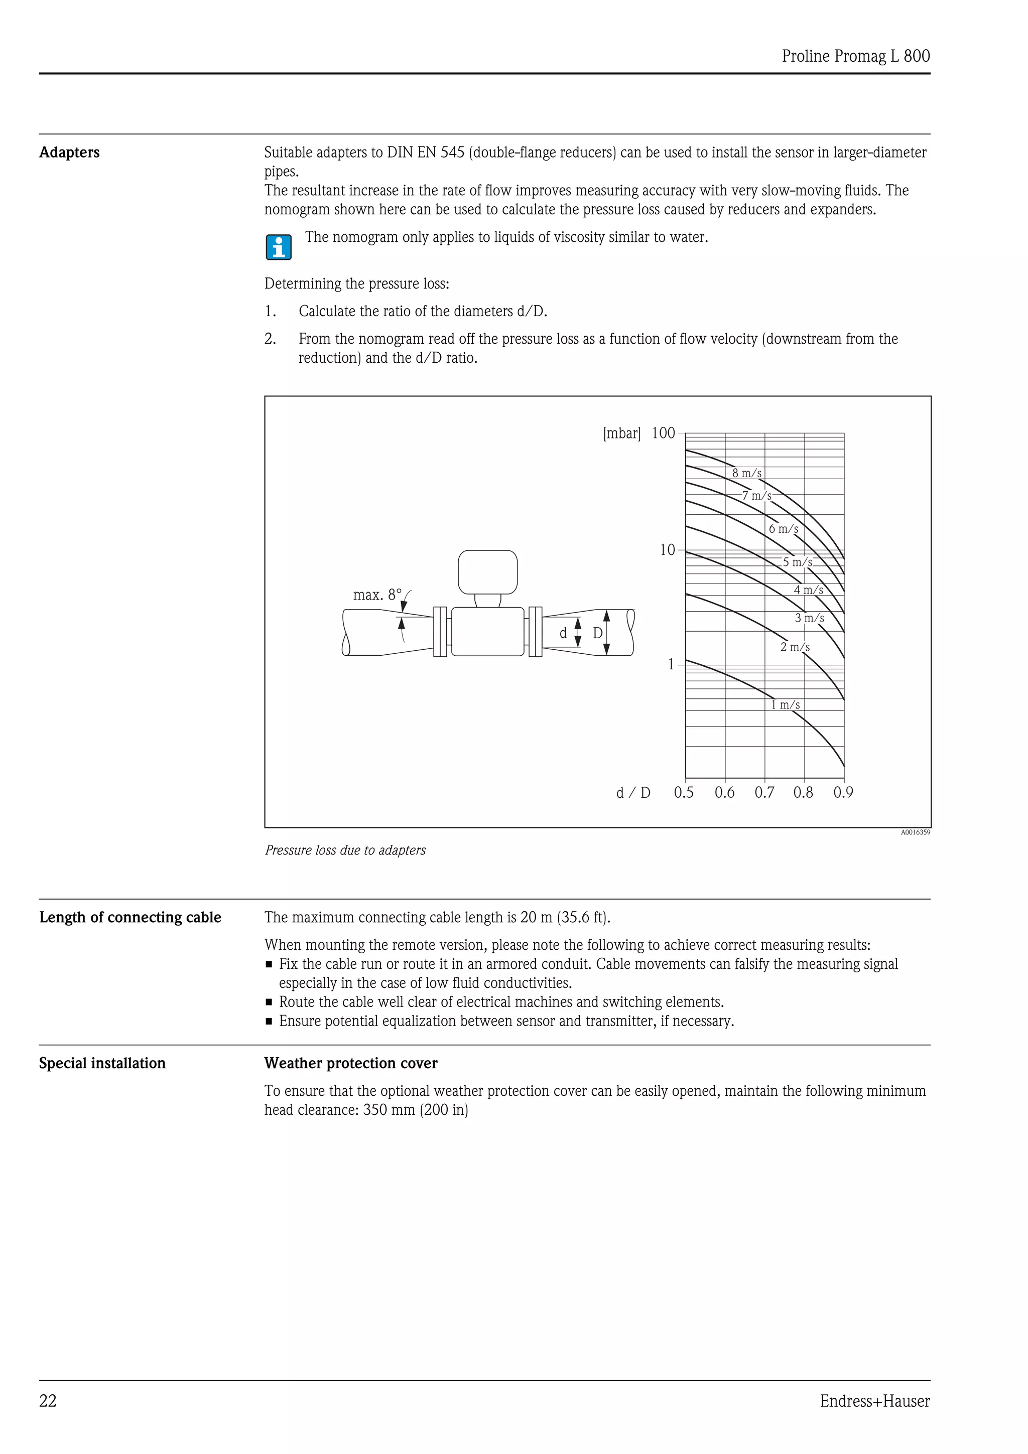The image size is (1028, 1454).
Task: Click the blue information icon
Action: click(279, 247)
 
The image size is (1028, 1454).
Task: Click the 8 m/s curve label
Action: click(747, 473)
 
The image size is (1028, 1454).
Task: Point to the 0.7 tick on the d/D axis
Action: click(764, 792)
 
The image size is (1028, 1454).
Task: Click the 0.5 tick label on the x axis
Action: click(684, 792)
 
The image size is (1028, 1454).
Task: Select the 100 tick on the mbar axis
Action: click(663, 433)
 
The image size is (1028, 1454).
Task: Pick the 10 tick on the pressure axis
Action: click(668, 550)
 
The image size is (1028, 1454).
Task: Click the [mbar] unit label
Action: click(621, 433)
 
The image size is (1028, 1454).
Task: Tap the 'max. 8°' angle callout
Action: click(377, 595)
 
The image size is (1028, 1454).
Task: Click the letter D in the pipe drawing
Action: click(597, 633)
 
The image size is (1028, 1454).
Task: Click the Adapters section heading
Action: click(69, 153)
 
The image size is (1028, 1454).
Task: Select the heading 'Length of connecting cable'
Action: click(130, 917)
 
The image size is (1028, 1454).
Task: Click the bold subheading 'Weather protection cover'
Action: click(350, 1063)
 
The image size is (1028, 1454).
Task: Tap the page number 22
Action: click(48, 1401)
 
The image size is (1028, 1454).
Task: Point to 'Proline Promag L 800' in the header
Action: click(855, 56)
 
